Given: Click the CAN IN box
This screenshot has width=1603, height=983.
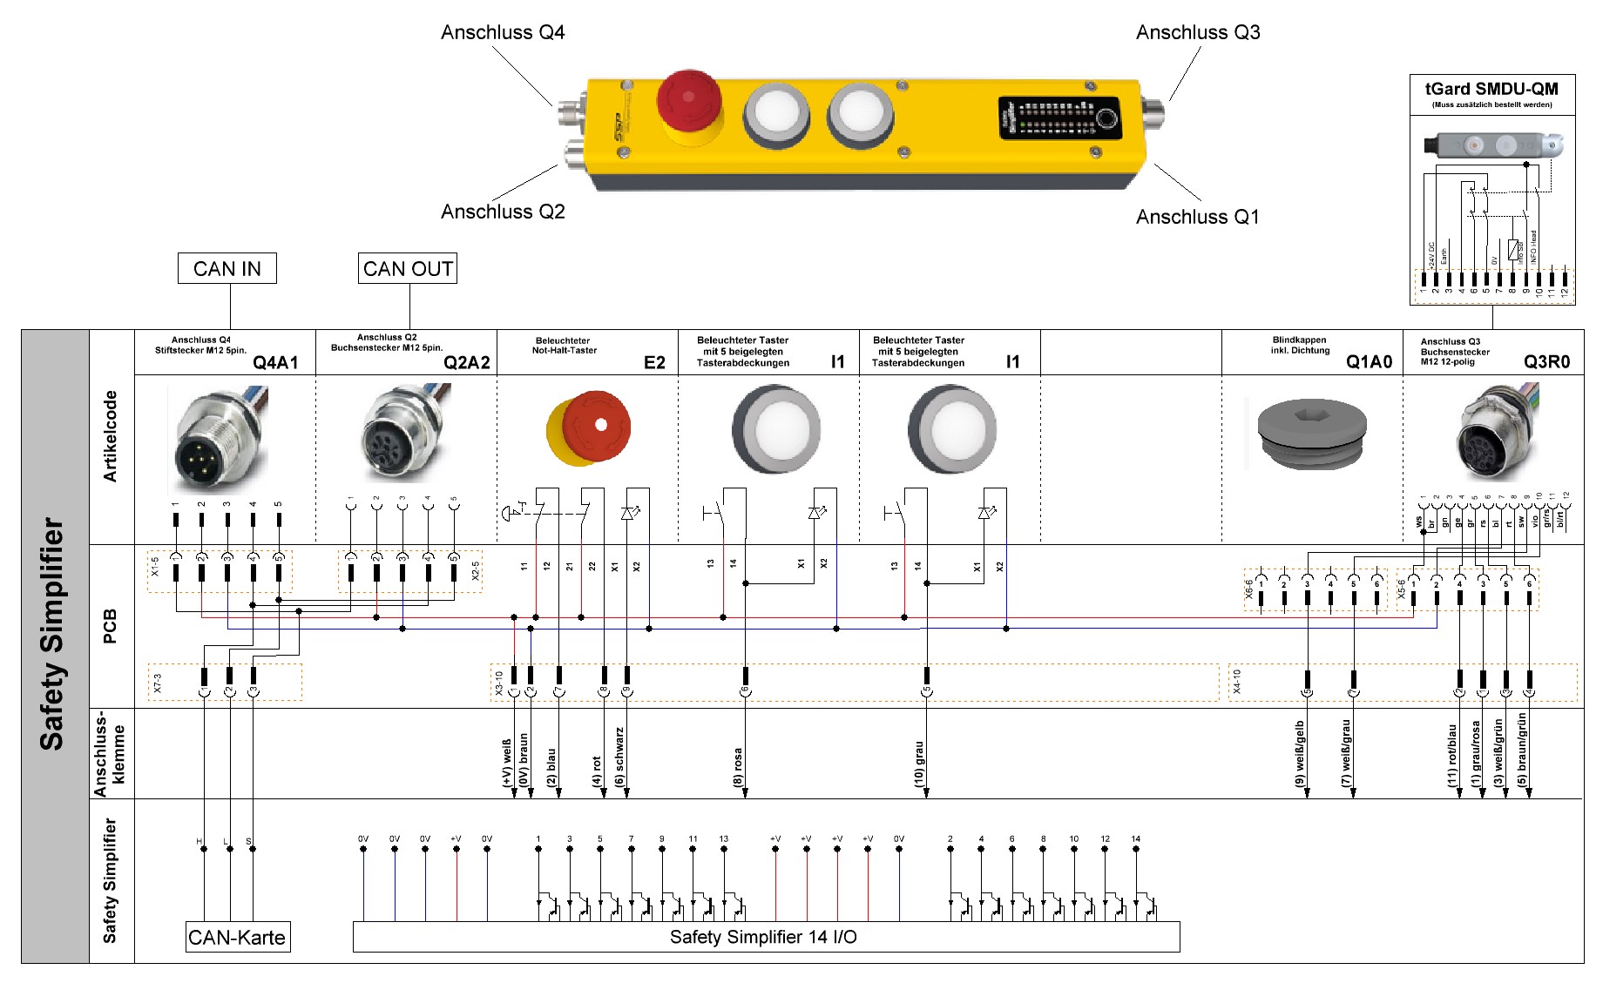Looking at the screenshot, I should (227, 268).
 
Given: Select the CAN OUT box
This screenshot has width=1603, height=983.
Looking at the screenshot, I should (408, 268).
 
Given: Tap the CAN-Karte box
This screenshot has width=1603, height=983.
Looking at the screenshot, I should (237, 937).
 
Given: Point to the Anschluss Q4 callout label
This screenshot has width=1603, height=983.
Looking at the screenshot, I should (503, 33).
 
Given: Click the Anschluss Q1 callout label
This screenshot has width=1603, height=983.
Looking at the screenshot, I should (1197, 217).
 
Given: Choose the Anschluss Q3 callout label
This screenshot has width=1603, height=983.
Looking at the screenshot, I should (1197, 33).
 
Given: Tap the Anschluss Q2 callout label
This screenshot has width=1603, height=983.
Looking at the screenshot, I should (503, 212).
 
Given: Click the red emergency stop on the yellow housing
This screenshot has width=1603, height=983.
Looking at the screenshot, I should (688, 98).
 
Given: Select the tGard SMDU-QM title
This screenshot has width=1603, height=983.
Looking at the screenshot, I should (1491, 89).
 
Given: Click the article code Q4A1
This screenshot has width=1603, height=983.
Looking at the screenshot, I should (275, 362).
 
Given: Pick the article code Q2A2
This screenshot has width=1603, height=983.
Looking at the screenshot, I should (466, 362).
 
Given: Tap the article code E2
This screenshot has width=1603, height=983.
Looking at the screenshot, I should (654, 362).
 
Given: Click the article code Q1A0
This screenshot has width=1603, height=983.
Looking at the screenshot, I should (1369, 362).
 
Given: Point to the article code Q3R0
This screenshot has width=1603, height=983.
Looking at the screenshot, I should (1546, 362).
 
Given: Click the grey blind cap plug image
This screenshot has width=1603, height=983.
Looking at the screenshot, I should (1311, 433).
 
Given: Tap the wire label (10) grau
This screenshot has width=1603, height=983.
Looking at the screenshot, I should (919, 764).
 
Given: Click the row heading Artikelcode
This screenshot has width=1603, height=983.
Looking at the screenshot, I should (111, 436).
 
